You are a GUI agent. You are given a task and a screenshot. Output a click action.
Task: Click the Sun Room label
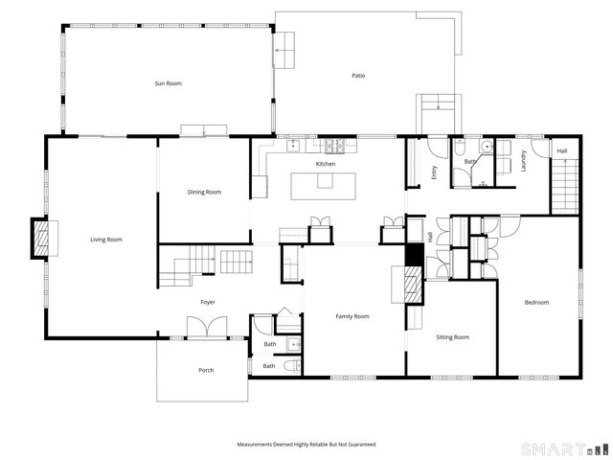point(169,83)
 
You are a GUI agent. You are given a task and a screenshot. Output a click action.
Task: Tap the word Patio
point(358,76)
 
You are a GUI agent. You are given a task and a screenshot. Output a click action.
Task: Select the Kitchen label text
point(326,165)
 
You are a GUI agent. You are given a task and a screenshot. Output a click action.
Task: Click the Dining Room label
point(204,192)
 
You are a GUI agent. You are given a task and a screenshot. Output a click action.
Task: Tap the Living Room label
point(106,240)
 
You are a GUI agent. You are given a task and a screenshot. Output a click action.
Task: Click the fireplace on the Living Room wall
point(40,240)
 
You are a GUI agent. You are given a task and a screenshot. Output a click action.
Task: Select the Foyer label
point(208,302)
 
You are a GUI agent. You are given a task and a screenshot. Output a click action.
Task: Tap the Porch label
point(206,370)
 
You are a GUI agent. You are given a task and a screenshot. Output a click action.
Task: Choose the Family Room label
point(352,315)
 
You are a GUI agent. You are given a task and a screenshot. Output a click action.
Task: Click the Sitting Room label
point(452,337)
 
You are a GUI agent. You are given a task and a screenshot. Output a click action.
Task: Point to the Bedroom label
point(536,303)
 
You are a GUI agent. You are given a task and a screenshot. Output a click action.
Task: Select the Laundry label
point(524,161)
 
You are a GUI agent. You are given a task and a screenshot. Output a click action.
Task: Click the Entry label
point(434,173)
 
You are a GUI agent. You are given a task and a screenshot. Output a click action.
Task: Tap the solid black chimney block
point(415,255)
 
